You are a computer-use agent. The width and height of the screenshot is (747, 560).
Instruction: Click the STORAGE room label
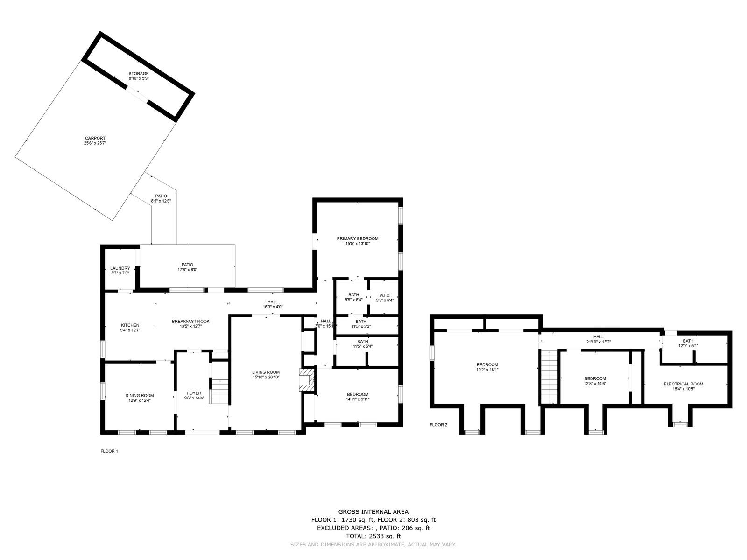(139, 73)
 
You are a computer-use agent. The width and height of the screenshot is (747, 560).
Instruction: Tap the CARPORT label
(95, 138)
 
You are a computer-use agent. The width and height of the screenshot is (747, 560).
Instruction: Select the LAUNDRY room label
(120, 268)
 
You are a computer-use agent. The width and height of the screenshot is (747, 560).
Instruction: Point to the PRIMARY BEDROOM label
(358, 238)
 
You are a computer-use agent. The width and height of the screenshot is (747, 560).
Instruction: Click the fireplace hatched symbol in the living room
(306, 380)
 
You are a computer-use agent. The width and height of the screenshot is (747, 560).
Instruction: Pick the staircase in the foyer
(218, 391)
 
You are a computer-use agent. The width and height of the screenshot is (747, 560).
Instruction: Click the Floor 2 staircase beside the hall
(549, 377)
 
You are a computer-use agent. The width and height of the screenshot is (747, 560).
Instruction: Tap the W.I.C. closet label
(385, 295)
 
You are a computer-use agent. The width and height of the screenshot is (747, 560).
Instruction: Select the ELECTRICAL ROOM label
(684, 384)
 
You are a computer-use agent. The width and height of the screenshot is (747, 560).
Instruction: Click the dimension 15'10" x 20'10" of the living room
(266, 377)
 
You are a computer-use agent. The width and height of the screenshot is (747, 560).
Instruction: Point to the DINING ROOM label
(140, 395)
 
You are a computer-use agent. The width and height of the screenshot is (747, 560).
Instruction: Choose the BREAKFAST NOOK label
(190, 322)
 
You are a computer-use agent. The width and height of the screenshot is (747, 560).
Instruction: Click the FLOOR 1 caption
(109, 451)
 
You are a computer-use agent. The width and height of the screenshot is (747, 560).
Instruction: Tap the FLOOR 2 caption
(439, 425)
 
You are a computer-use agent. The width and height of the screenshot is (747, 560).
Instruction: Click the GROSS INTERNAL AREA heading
(373, 512)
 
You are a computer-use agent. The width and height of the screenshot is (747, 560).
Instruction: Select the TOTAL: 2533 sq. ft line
(373, 536)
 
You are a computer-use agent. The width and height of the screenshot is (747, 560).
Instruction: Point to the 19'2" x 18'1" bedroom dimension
(487, 370)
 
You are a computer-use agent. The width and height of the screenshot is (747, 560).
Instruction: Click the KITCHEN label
(130, 325)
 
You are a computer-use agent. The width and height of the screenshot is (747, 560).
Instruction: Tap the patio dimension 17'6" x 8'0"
(187, 270)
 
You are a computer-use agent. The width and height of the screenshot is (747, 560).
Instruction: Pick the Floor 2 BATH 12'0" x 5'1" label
(688, 343)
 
